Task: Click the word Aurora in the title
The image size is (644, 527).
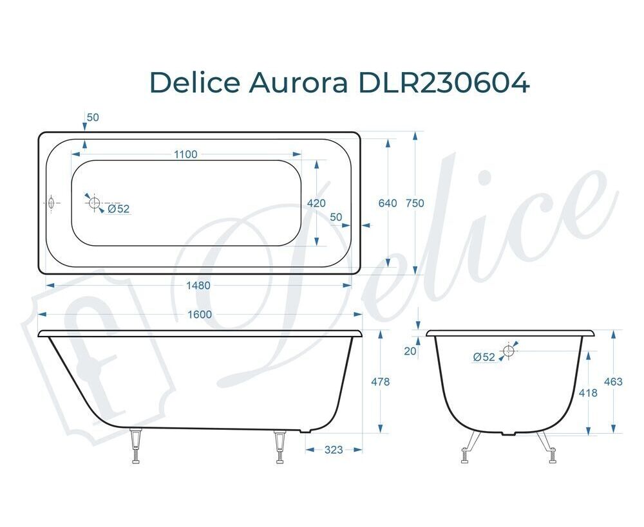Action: coord(298,82)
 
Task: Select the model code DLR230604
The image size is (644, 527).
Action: coord(444,82)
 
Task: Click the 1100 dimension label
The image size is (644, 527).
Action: coord(185,154)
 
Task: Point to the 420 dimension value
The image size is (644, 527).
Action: coord(316,203)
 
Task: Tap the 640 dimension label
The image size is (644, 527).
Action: coord(388,203)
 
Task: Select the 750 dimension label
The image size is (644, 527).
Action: coord(415,203)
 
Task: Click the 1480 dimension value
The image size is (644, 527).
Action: coord(198,285)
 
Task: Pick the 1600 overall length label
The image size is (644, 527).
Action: coord(200,315)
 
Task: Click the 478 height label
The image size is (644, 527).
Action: coord(381,382)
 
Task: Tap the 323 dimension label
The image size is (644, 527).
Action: coord(334,450)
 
